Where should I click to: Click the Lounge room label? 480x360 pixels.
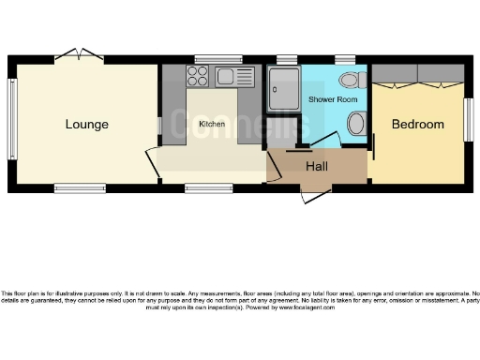(86, 124)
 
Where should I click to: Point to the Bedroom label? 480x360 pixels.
(417, 124)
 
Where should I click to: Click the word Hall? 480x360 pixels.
(316, 166)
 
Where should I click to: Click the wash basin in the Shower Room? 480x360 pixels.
(357, 123)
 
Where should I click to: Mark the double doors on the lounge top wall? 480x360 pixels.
(76, 54)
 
